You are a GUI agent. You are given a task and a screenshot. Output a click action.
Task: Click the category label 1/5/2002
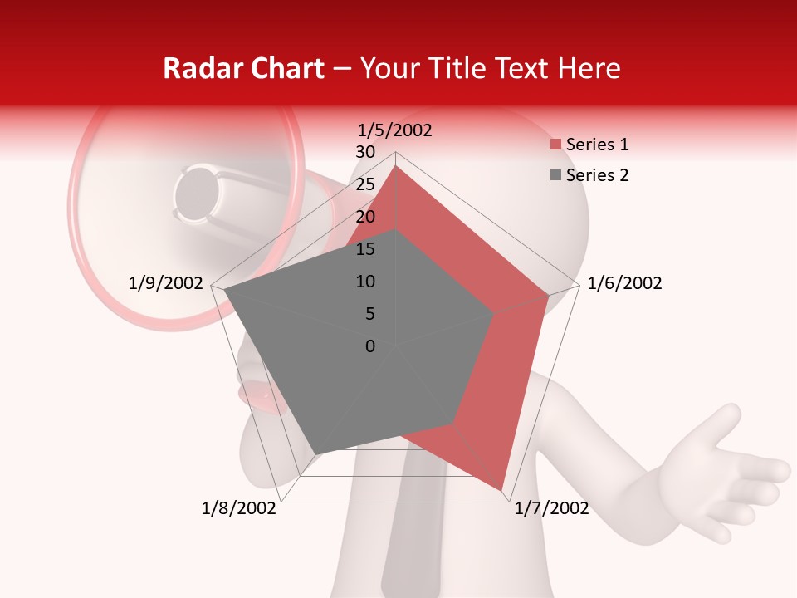[394, 130]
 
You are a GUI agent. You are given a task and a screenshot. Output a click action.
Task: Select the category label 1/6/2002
[624, 283]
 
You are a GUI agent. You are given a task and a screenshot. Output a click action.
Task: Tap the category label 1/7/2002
[551, 508]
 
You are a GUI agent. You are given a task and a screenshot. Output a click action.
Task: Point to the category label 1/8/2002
[238, 508]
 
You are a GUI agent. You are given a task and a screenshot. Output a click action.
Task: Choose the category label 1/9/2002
[166, 283]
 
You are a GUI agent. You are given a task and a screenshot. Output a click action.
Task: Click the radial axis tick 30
[364, 152]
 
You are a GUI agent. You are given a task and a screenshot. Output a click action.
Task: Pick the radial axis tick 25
[364, 184]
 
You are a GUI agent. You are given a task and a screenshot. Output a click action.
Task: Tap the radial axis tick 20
[364, 217]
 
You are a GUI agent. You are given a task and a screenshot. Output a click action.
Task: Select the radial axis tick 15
[364, 249]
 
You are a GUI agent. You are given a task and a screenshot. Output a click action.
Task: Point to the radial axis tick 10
[364, 282]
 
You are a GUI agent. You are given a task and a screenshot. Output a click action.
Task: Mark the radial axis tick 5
[369, 314]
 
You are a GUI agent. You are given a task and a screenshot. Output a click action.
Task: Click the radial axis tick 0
[370, 346]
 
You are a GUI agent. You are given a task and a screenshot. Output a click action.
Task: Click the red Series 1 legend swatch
[555, 145]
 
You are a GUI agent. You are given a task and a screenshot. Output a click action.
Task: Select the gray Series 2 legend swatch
[555, 175]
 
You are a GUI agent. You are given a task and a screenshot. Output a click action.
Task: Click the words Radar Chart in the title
[243, 69]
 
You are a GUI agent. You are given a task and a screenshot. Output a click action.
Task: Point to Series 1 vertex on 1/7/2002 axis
[501, 489]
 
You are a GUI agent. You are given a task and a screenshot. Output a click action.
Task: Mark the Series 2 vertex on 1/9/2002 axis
[224, 290]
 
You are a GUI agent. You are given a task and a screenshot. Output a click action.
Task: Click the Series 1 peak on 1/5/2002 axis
[396, 165]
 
